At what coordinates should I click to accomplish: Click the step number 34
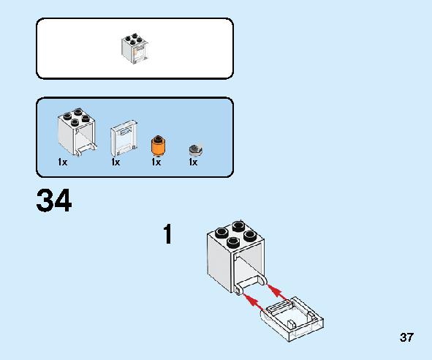(54, 200)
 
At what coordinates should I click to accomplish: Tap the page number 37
(406, 337)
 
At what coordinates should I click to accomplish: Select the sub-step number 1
(168, 234)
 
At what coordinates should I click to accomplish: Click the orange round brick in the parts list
(158, 146)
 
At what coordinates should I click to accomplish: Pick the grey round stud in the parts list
(196, 149)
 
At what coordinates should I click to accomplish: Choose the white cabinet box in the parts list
(77, 132)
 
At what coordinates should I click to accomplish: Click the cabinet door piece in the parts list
(124, 138)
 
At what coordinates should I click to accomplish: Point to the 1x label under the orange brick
(156, 162)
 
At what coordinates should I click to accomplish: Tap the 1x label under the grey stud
(193, 162)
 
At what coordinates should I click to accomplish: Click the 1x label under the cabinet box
(63, 162)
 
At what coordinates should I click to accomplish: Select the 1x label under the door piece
(115, 162)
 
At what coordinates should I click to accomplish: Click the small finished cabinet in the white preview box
(134, 48)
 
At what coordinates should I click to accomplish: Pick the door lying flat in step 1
(292, 319)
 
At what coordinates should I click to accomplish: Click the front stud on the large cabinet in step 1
(233, 242)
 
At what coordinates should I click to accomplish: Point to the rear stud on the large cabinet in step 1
(239, 226)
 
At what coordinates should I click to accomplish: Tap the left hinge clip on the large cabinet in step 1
(238, 290)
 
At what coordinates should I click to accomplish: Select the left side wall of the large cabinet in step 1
(220, 263)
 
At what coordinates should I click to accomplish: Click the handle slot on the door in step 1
(278, 306)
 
